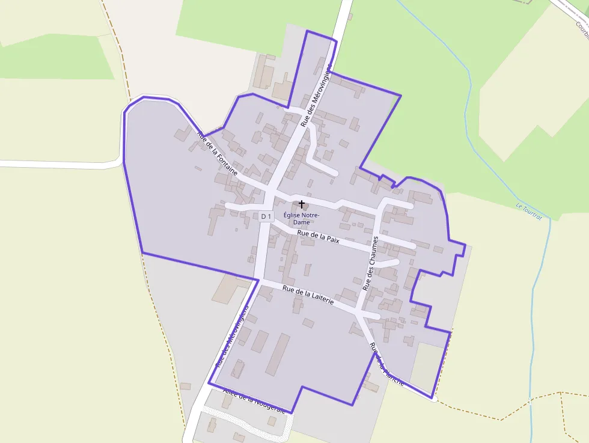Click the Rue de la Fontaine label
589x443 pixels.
point(218,154)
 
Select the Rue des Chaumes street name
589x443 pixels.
point(370,264)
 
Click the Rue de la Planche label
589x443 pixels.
point(386,364)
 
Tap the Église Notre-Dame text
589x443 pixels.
point(301,219)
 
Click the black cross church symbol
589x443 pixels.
point(301,205)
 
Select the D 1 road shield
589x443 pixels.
point(266,216)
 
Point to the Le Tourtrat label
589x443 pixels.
point(529,212)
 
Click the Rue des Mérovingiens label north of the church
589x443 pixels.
point(316,96)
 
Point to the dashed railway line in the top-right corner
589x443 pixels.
point(568,9)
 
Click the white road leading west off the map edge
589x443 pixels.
point(54,164)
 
